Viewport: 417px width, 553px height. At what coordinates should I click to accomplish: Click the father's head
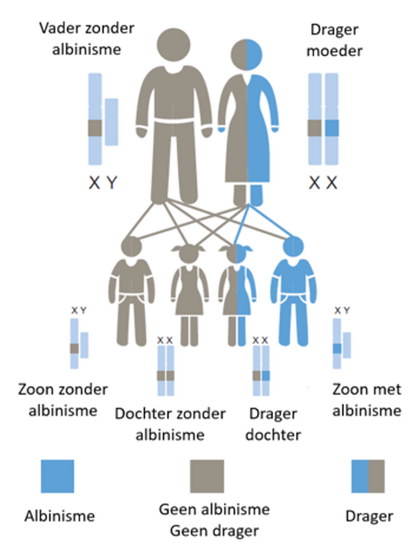[174, 45]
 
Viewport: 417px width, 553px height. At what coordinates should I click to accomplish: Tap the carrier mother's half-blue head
[247, 55]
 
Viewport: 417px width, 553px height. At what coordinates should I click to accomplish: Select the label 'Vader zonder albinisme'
[87, 38]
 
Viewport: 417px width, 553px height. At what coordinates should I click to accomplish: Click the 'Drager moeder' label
[335, 40]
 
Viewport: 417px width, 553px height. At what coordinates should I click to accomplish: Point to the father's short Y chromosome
[112, 122]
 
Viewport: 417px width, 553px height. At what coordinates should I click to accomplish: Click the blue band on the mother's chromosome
[332, 128]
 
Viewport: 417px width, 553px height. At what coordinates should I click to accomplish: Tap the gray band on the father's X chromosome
[95, 128]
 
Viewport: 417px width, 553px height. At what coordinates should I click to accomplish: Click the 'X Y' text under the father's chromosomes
[103, 183]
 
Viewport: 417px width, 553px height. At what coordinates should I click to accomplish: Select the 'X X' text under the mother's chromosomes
[323, 183]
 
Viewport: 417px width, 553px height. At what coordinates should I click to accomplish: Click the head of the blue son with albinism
[293, 246]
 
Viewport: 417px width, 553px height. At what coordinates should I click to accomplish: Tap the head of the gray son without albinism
[131, 246]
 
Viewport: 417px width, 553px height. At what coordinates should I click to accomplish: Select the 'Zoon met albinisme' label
[367, 400]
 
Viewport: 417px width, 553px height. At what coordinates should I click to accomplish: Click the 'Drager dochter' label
[273, 424]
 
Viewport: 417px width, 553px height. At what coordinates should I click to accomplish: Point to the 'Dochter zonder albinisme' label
[170, 424]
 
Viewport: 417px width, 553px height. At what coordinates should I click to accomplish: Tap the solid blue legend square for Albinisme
[58, 476]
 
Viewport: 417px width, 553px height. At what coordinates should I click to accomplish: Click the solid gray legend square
[207, 476]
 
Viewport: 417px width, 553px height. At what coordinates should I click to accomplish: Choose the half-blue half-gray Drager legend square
[368, 476]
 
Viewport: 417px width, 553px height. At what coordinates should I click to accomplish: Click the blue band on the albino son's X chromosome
[337, 349]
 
